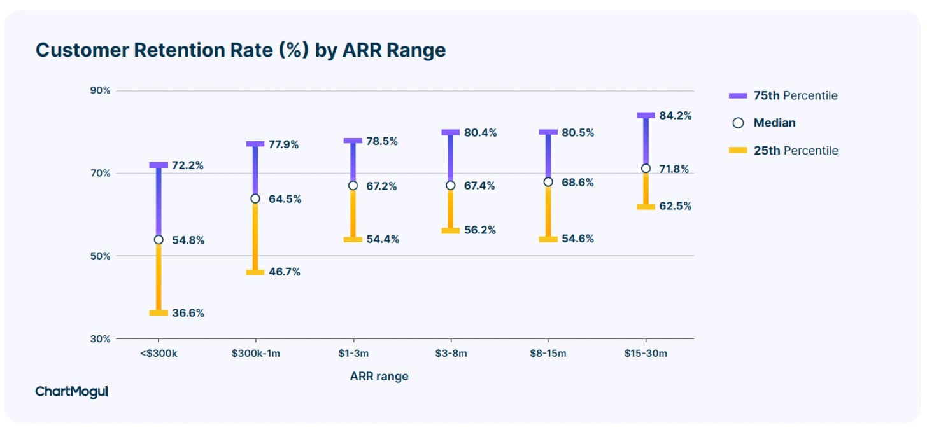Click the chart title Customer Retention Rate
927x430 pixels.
point(241,50)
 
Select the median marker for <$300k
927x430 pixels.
point(159,240)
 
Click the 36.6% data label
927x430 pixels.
point(188,313)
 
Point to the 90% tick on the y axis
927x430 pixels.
point(100,90)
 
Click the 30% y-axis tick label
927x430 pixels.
point(100,339)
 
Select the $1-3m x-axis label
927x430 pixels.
point(353,354)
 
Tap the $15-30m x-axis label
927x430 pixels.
point(646,354)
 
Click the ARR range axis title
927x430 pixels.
point(379,377)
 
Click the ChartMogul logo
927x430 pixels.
point(71,392)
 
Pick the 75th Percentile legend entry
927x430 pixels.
point(783,95)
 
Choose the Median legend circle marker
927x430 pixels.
point(738,123)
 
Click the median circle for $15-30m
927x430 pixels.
point(646,169)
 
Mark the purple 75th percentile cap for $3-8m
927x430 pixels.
point(450,132)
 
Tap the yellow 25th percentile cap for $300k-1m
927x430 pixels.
point(255,272)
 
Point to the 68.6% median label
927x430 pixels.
point(577,183)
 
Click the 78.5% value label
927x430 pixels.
point(382,141)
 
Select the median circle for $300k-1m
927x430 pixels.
point(255,198)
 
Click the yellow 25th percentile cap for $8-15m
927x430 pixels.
point(548,239)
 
